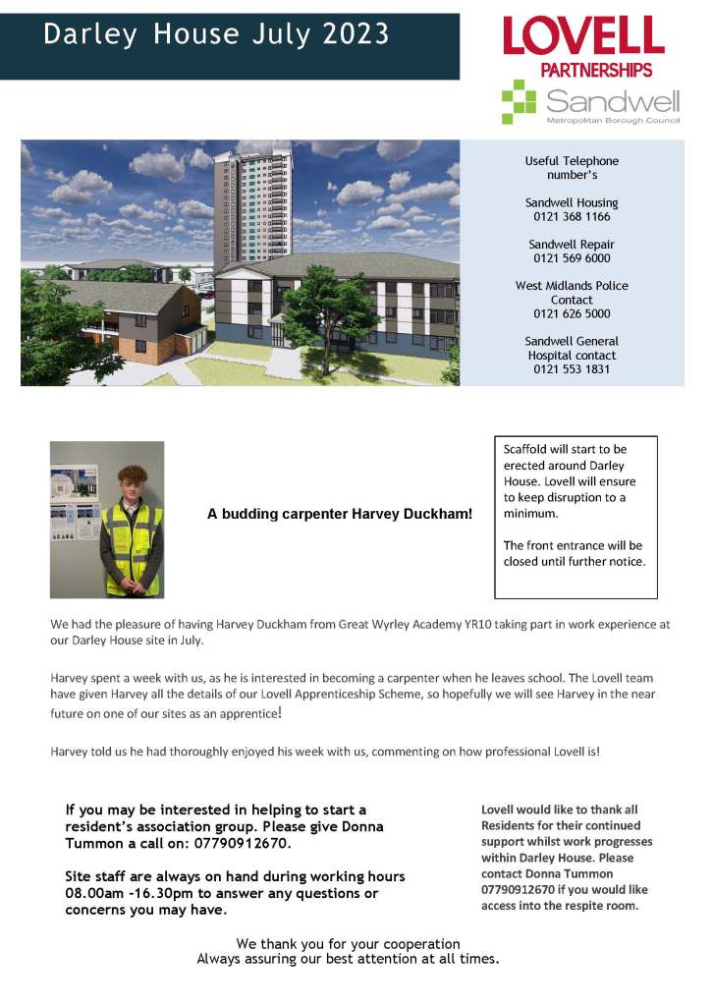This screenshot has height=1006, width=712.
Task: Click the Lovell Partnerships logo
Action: [x=583, y=46]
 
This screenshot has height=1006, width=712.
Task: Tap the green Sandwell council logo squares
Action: [x=519, y=101]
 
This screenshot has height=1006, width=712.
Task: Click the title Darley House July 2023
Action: [x=216, y=34]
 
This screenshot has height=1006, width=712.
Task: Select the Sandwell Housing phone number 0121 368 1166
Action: [x=572, y=216]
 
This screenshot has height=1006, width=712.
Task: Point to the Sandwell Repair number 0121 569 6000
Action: [x=572, y=258]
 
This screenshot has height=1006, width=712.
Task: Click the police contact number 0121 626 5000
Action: [x=572, y=314]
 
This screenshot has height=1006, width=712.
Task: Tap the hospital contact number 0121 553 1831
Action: [x=572, y=369]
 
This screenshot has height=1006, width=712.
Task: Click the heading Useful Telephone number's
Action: [x=572, y=167]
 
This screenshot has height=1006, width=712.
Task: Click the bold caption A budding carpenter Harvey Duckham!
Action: [x=340, y=514]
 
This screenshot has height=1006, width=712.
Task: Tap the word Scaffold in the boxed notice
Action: [x=527, y=449]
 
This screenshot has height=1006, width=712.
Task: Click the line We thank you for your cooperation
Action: [x=348, y=943]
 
